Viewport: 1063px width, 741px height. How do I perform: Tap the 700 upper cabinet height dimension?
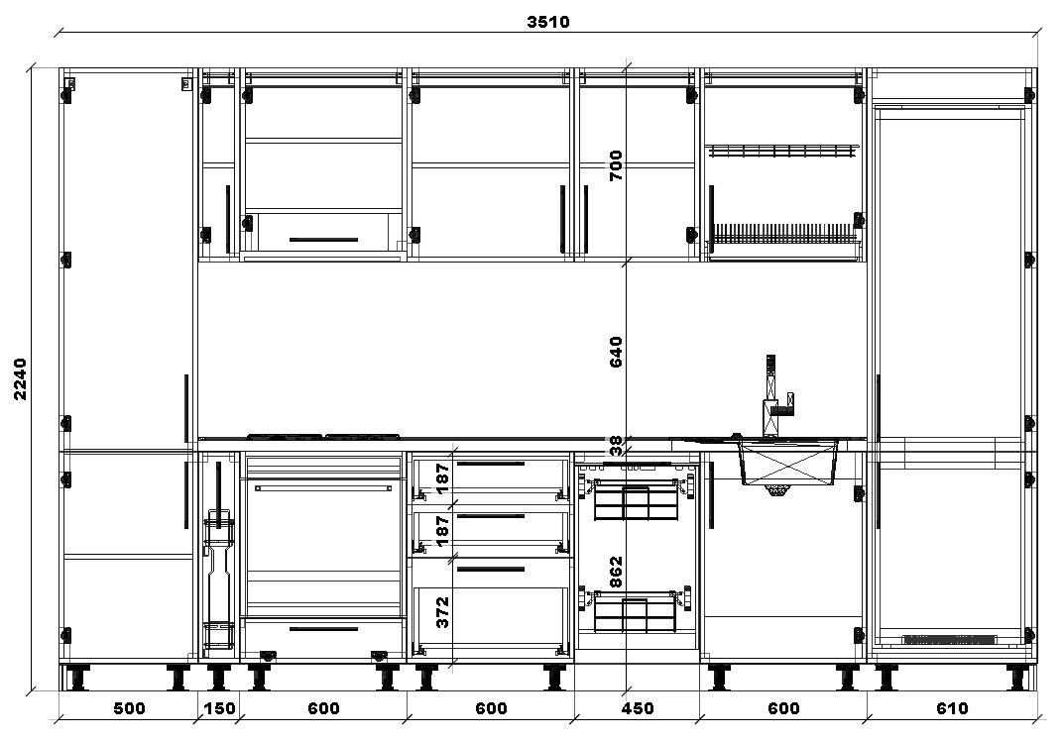(x=615, y=165)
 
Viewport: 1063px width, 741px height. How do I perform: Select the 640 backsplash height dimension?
(x=615, y=352)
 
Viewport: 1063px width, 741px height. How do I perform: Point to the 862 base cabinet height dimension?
(x=615, y=573)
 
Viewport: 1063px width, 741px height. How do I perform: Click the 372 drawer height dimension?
(x=442, y=612)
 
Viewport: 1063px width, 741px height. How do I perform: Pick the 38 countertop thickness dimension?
(x=615, y=446)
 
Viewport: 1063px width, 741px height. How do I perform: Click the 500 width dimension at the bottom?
(x=129, y=708)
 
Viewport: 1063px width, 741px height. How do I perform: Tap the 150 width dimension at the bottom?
(x=219, y=708)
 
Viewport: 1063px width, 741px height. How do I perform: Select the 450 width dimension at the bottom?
(x=637, y=708)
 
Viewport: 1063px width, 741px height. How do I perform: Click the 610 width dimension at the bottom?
(x=951, y=708)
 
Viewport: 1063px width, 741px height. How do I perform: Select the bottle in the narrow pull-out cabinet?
(x=218, y=575)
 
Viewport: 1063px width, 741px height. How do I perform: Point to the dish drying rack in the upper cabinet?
(x=783, y=234)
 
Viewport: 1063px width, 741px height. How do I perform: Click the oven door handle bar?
(x=323, y=486)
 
